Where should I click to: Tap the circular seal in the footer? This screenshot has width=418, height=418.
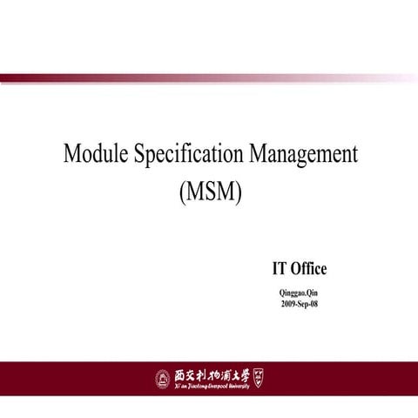[x=162, y=378]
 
